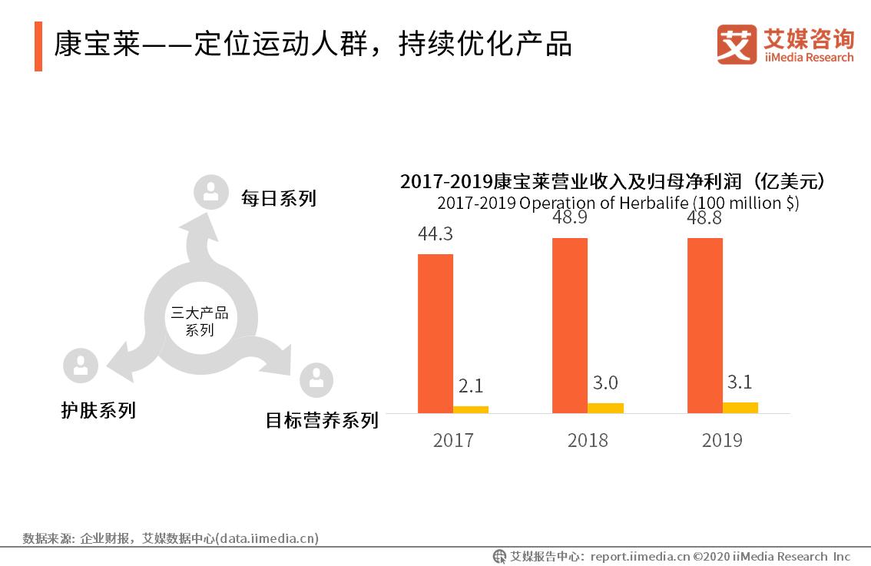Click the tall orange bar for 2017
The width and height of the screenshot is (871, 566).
(x=435, y=333)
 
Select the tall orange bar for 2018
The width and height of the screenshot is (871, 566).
(x=570, y=326)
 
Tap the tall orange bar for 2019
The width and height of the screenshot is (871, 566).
(x=704, y=326)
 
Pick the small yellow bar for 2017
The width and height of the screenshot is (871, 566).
(x=471, y=409)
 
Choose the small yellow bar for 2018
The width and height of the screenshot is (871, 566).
(x=605, y=408)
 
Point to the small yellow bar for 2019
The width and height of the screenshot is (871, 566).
(x=740, y=408)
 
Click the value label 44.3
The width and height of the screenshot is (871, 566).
(x=435, y=234)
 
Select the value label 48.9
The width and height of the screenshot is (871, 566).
(x=570, y=219)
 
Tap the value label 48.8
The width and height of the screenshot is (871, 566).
(x=704, y=219)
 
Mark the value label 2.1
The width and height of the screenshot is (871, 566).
(x=471, y=386)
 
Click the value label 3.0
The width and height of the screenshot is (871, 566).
(x=605, y=382)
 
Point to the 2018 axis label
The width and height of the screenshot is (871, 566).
(x=588, y=440)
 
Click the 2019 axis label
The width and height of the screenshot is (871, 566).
(x=722, y=440)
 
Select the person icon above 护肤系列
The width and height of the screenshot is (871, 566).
(x=81, y=366)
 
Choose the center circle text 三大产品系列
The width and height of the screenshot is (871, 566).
(x=200, y=322)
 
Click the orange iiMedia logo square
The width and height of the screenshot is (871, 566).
(x=737, y=45)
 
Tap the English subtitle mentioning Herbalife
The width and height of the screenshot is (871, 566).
(x=618, y=204)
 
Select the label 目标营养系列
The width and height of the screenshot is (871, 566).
(x=322, y=420)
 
